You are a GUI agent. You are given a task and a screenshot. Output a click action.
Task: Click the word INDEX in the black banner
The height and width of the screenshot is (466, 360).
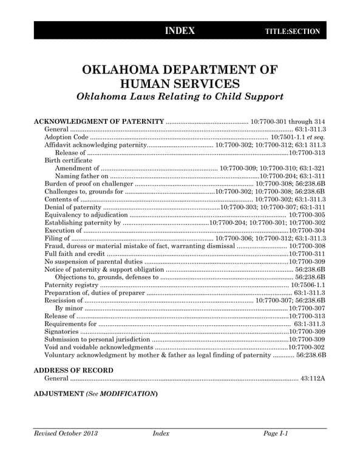pyautogui.click(x=180, y=31)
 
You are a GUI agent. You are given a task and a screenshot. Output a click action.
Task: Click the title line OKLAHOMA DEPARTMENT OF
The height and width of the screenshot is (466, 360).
pyautogui.click(x=180, y=70)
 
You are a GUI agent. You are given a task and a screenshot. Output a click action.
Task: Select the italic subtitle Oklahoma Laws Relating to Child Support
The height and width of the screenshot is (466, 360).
pyautogui.click(x=180, y=96)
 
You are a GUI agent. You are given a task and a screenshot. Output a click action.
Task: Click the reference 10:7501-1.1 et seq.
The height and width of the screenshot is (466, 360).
pyautogui.click(x=297, y=138)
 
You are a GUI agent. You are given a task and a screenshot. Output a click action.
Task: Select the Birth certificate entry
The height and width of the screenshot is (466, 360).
pyautogui.click(x=70, y=160)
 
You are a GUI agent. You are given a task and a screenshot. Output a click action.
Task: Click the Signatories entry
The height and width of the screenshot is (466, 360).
pyautogui.click(x=62, y=332)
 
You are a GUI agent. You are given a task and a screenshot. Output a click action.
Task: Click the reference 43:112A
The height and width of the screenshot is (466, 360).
pyautogui.click(x=313, y=379)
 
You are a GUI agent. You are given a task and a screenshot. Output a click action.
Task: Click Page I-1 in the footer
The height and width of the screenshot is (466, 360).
pyautogui.click(x=275, y=433)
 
